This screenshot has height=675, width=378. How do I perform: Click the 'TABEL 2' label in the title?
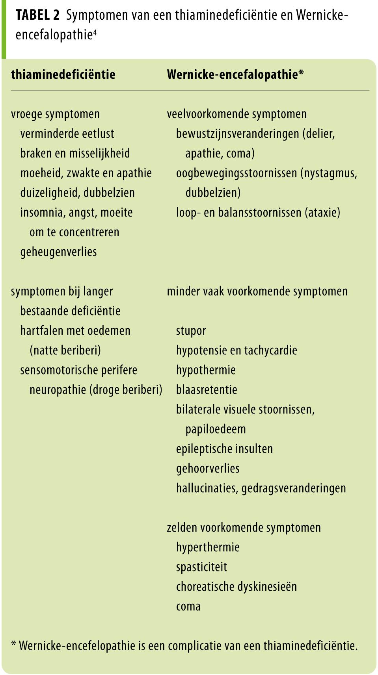37,16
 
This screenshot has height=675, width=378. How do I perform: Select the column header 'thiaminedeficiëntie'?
63,74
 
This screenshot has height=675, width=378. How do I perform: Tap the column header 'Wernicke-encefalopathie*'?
235,74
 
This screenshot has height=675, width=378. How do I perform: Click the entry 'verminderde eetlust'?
67,134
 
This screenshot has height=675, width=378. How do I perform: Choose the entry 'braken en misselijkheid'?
75,154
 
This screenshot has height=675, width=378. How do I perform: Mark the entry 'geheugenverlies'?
58,252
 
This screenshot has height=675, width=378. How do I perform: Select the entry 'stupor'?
191,331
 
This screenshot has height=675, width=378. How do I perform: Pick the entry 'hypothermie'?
206,370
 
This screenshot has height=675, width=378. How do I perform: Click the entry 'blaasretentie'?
207,390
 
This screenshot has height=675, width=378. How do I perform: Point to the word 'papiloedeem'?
216,429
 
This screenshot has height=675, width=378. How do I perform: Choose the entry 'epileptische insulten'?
224,449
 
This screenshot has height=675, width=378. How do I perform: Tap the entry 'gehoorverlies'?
208,469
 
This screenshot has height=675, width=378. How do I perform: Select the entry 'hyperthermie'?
208,547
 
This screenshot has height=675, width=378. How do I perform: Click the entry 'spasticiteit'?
201,567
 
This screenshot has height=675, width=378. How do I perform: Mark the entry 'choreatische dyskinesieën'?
236,587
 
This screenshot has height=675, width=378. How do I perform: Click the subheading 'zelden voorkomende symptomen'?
244,528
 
